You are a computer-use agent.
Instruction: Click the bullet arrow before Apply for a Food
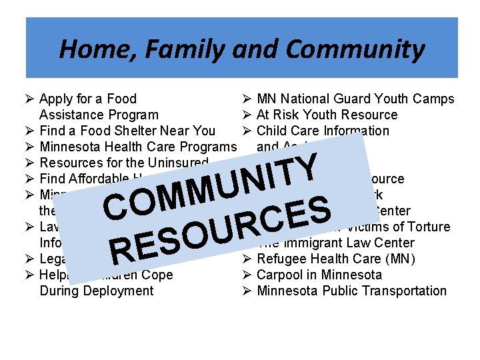(30, 99)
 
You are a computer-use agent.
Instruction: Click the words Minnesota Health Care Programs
(138, 147)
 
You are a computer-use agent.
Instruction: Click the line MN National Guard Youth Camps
(355, 99)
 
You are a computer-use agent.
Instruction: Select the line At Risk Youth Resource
(327, 115)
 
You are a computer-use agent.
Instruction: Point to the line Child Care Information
(323, 131)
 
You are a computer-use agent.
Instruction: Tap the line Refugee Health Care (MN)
(335, 259)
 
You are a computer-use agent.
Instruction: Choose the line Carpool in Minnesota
(319, 275)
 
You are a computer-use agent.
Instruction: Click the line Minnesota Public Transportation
(351, 291)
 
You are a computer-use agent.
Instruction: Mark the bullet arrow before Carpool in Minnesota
(246, 275)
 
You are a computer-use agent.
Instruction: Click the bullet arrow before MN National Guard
(246, 99)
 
